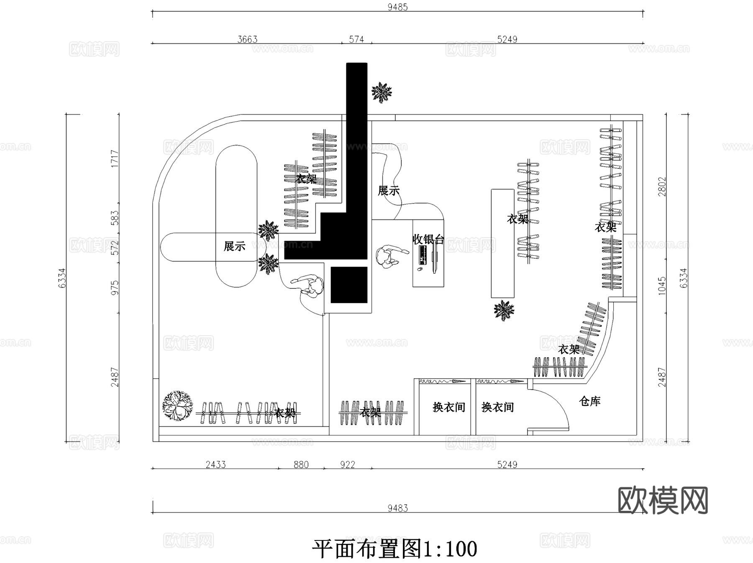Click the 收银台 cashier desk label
click(x=428, y=239)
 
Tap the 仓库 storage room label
click(x=589, y=401)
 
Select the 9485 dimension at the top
click(x=397, y=7)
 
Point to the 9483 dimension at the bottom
click(x=397, y=508)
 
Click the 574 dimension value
click(x=356, y=39)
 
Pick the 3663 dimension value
click(x=247, y=39)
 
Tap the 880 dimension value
click(x=301, y=464)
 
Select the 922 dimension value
click(x=347, y=464)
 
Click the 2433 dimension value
click(x=215, y=464)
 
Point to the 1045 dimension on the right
click(x=662, y=285)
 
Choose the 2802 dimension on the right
click(x=662, y=186)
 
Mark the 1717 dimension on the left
click(x=115, y=159)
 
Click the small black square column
click(x=349, y=285)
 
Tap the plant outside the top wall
click(x=382, y=92)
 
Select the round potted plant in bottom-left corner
click(x=178, y=405)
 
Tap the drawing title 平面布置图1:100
click(x=394, y=549)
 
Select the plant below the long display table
click(x=504, y=310)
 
